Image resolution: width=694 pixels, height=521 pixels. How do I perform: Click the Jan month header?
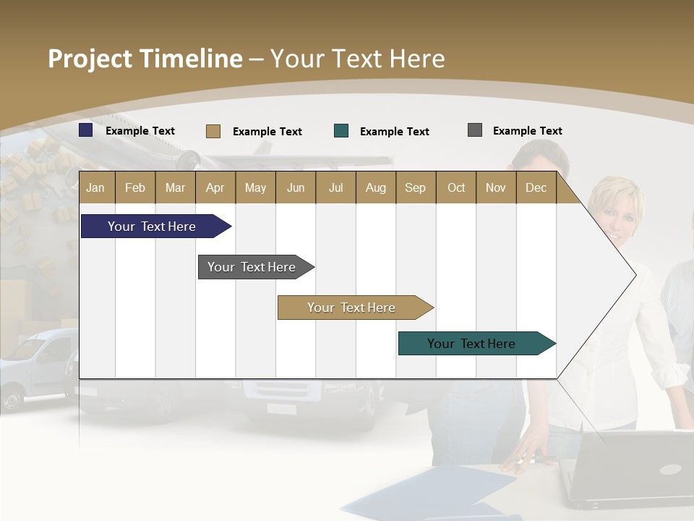tap(95, 187)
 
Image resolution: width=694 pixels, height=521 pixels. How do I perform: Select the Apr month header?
tap(215, 187)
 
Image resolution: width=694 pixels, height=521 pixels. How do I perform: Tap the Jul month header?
tap(335, 187)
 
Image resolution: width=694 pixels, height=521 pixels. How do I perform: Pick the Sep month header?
tap(415, 187)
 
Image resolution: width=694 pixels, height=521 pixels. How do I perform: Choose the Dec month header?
tap(536, 187)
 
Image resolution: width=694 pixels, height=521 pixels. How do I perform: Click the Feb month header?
tap(135, 187)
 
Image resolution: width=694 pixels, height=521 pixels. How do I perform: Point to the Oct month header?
tap(456, 187)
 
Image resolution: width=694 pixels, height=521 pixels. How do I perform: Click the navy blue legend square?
tap(86, 130)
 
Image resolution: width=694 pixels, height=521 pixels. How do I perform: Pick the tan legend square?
tap(213, 131)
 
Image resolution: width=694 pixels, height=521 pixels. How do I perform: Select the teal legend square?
tap(341, 131)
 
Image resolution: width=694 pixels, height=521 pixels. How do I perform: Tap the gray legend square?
tap(475, 130)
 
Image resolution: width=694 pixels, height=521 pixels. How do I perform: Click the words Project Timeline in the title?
tap(145, 59)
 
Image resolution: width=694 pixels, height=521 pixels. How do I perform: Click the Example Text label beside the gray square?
tap(527, 131)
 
